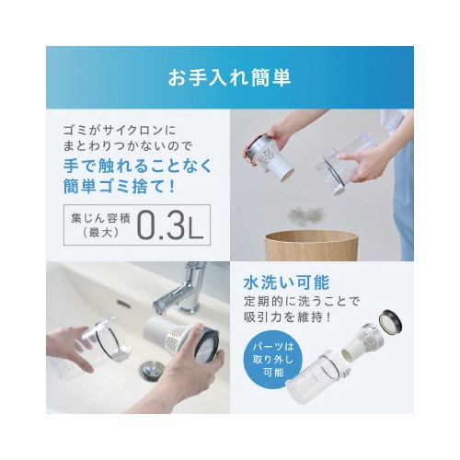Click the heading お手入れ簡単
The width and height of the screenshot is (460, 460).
pyautogui.click(x=229, y=78)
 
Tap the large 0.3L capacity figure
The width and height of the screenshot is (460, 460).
pyautogui.click(x=170, y=225)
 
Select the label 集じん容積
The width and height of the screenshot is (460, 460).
pyautogui.click(x=100, y=218)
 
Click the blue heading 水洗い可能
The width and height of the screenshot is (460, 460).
pyautogui.click(x=286, y=282)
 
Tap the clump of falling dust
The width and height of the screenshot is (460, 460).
pyautogui.click(x=305, y=215)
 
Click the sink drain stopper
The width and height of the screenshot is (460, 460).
pyautogui.click(x=151, y=370)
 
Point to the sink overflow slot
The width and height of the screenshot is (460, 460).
pyautogui.click(x=124, y=304)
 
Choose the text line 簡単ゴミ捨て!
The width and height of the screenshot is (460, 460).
pyautogui.click(x=120, y=186)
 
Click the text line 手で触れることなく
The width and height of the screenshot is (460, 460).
pyautogui.click(x=137, y=166)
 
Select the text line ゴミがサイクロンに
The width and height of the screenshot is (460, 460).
pyautogui.click(x=120, y=131)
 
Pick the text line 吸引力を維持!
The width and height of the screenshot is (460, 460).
pyautogui.click(x=288, y=317)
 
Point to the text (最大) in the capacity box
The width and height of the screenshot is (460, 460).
pyautogui.click(x=100, y=234)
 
